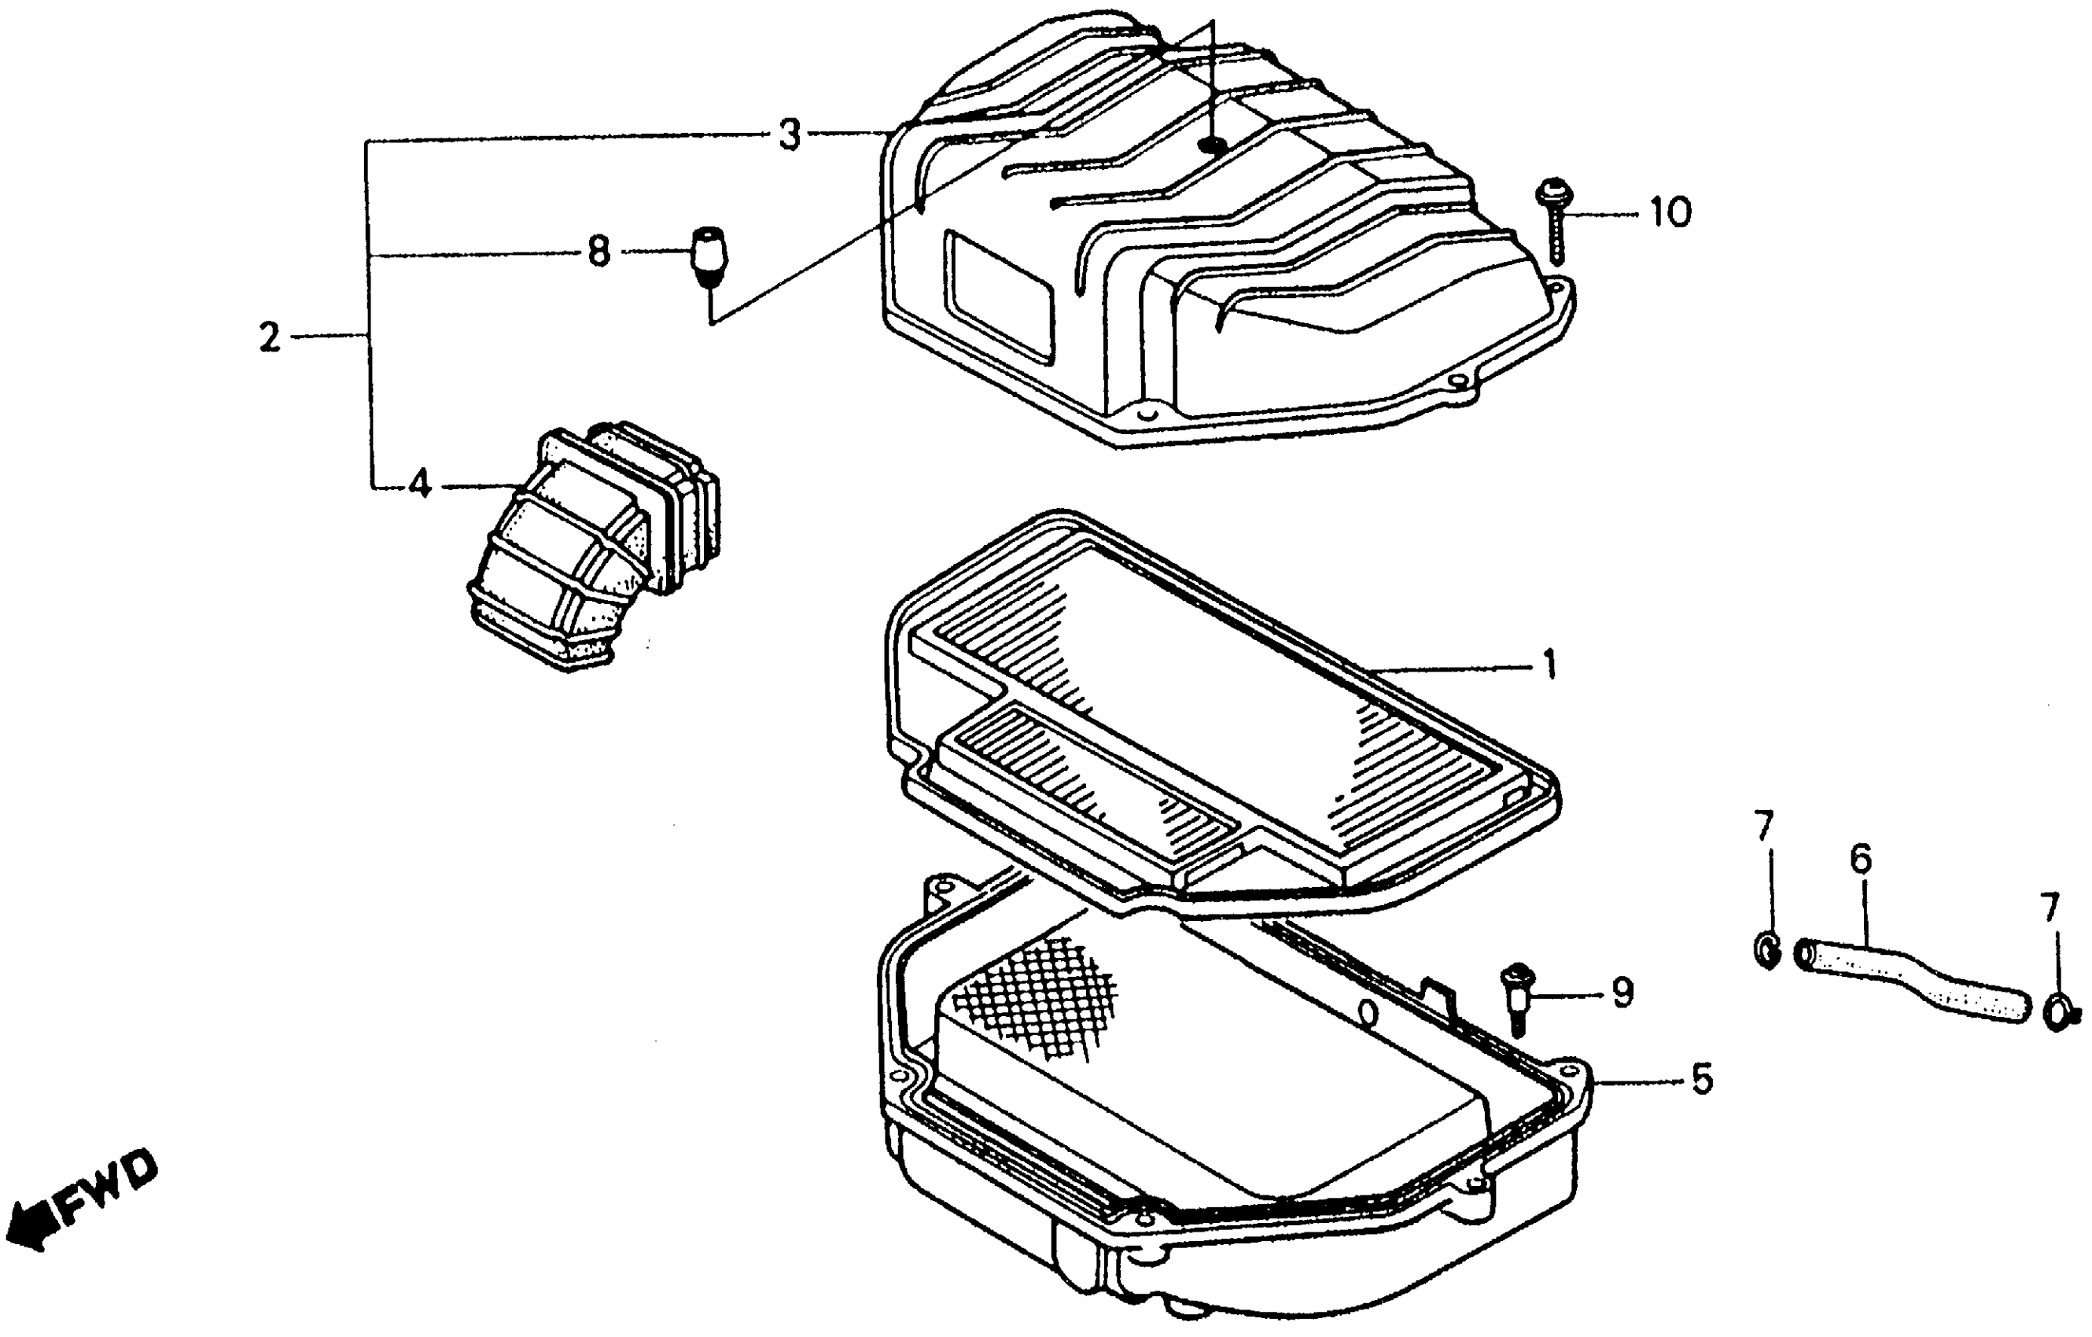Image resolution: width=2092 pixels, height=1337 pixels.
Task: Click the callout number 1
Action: coord(1549,666)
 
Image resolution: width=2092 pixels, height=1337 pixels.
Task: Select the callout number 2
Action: coord(269,337)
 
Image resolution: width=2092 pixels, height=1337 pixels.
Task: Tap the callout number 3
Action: coord(789,136)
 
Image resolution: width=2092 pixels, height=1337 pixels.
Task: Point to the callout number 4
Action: coord(420,484)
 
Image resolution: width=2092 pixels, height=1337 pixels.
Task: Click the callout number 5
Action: coord(1702,1080)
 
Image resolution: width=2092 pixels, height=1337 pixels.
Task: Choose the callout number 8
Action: coord(598,252)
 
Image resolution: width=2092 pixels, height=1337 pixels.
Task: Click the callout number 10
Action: coord(1670,212)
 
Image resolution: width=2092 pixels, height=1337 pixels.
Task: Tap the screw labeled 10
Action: coord(1552,217)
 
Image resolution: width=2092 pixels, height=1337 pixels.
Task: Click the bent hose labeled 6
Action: coord(1911,982)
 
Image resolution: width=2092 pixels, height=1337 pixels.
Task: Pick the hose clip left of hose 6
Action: coord(1767,952)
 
